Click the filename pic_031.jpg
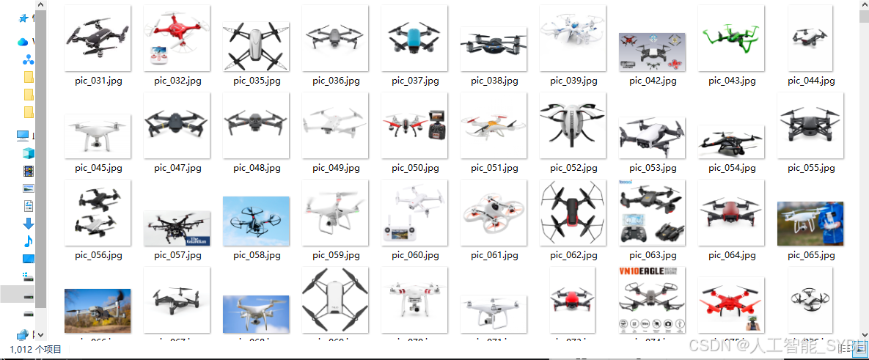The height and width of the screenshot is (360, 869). click(x=98, y=81)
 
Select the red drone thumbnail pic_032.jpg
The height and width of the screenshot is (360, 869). click(x=177, y=37)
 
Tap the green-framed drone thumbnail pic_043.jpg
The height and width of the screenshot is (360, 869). click(x=731, y=38)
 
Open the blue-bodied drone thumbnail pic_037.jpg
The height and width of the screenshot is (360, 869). click(x=414, y=38)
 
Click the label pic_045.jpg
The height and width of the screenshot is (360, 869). click(x=98, y=168)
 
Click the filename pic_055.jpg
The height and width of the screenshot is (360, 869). click(x=810, y=168)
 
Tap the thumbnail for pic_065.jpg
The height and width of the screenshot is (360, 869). click(x=810, y=223)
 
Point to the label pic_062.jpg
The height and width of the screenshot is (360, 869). click(x=573, y=255)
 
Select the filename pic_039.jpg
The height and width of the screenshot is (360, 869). click(x=573, y=81)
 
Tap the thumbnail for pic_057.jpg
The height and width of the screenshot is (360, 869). click(x=177, y=228)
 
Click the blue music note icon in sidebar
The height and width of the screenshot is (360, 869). click(x=29, y=240)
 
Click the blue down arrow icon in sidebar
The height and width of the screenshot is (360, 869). click(x=29, y=223)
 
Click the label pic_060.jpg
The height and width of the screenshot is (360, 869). click(x=414, y=255)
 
